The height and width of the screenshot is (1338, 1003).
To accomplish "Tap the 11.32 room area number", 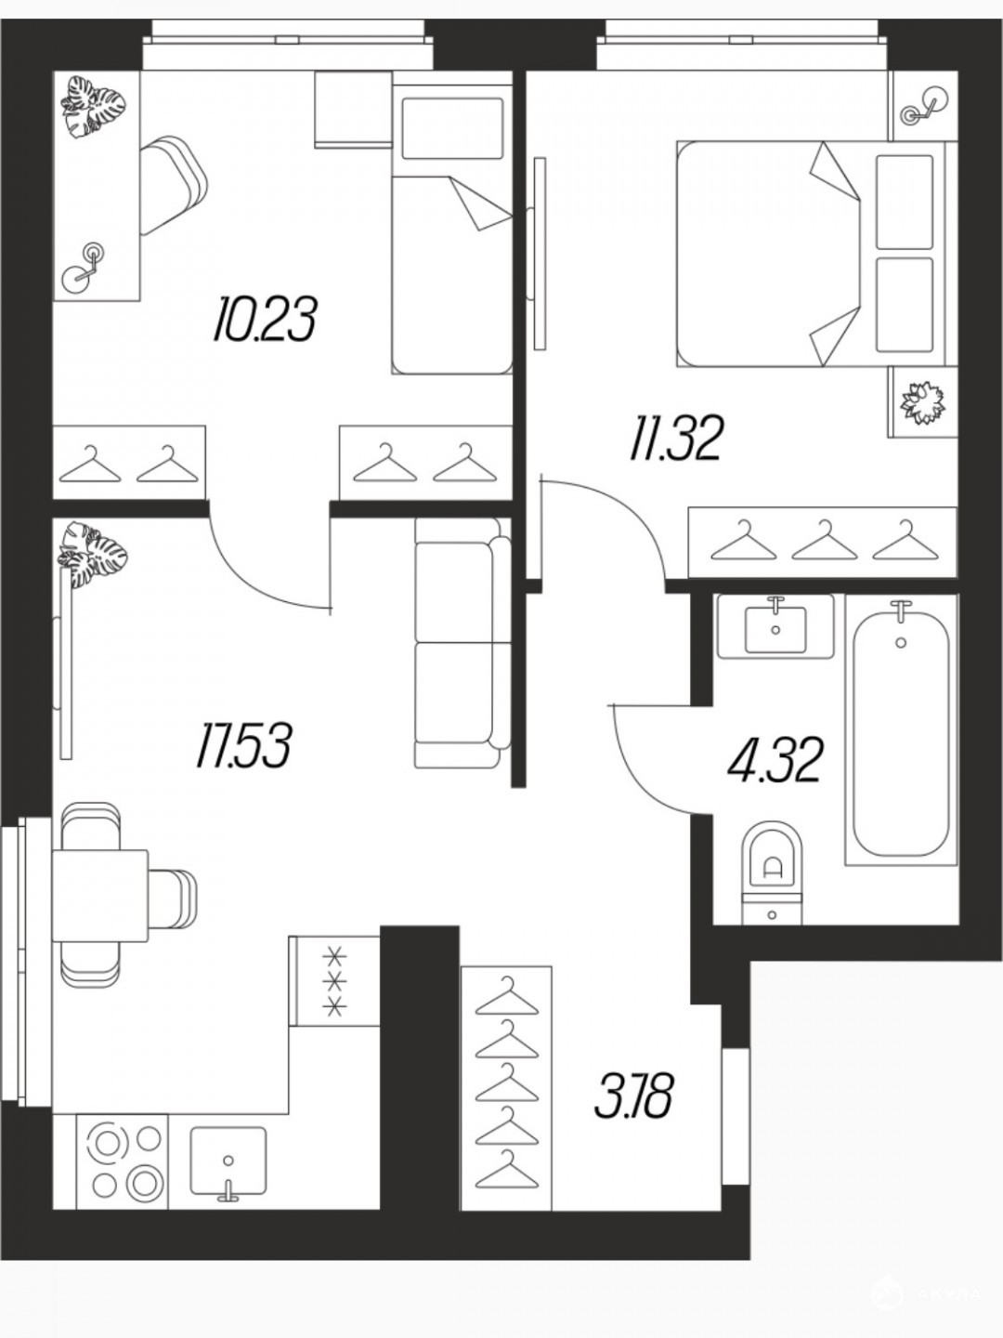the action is pos(675,439).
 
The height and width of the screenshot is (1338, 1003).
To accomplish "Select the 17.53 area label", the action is pos(243,744).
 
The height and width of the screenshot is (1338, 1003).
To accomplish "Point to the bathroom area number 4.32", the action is pos(775,759).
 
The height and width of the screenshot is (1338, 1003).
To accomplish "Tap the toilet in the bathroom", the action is pos(772,872).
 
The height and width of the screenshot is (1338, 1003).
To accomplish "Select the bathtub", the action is pos(901,729).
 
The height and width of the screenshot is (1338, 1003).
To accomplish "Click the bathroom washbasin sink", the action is pos(775,627).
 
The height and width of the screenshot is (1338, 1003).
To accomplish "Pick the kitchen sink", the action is pos(228,1144).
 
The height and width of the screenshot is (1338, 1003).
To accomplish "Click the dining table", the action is pos(100,896).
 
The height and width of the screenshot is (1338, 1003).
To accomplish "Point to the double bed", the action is pos(816,255).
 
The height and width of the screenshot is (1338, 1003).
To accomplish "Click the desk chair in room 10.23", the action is pos(173,185).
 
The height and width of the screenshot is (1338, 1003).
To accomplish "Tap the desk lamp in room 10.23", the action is pos(84,265).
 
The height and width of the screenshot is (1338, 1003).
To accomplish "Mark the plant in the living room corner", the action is pos(93,554).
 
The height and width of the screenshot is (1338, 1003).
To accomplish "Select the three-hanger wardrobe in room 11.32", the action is pos(822,542).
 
